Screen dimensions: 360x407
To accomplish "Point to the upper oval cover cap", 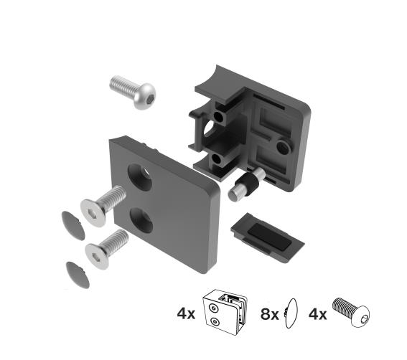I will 70,224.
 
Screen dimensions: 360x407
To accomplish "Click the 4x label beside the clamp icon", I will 187,313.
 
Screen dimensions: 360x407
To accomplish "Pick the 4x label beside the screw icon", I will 318,313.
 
